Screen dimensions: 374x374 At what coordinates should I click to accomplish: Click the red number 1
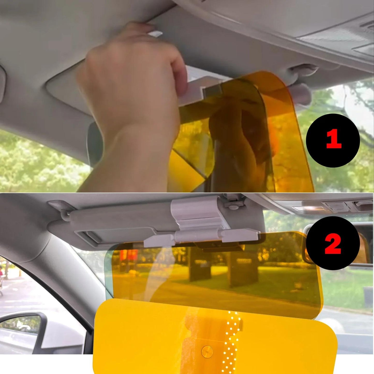click(x=333, y=140)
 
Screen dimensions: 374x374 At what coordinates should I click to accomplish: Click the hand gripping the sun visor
click(x=135, y=78)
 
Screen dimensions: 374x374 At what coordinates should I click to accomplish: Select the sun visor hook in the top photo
click(x=303, y=70)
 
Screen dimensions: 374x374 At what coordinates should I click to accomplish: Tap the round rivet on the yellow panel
click(x=207, y=351)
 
